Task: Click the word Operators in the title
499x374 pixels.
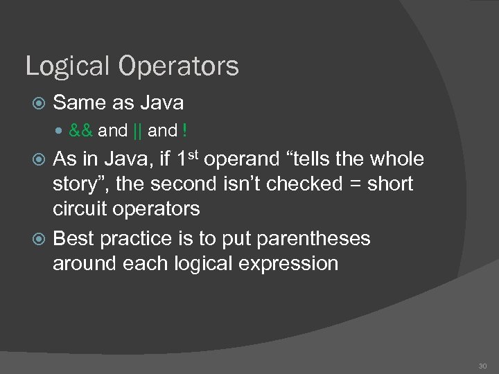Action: coord(178,67)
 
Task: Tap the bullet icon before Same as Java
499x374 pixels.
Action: coord(39,104)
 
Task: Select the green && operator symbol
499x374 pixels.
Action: coord(82,130)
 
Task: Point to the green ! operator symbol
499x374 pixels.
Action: coord(185,130)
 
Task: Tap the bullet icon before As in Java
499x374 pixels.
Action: coord(39,160)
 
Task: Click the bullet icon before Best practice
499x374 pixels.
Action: coord(39,239)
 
